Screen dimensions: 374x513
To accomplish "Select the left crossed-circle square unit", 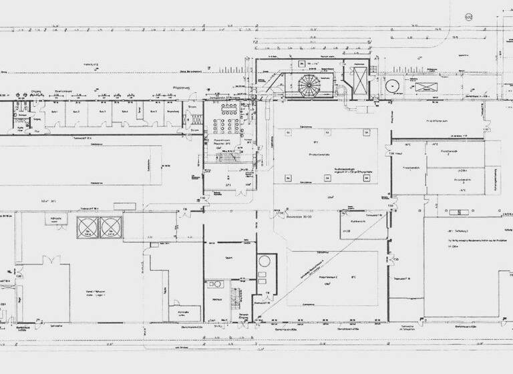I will [88, 227].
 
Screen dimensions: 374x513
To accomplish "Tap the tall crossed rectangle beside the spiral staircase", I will [359, 79].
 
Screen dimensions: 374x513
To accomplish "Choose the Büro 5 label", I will [152, 112].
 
